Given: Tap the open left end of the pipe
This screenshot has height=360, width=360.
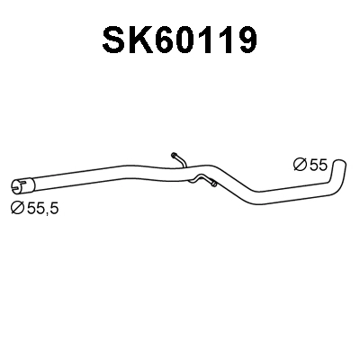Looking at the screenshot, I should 17,187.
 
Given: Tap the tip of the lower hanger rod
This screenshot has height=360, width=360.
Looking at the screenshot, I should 214,186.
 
